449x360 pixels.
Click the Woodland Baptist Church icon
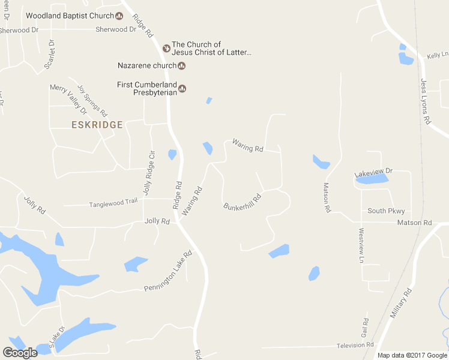click(x=119, y=16)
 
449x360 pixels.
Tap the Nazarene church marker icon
click(x=181, y=65)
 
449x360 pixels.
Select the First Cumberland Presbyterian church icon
click(x=182, y=89)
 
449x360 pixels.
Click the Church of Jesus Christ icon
click(x=166, y=48)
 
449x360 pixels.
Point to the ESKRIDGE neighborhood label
click(x=97, y=125)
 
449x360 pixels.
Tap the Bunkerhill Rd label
click(x=243, y=202)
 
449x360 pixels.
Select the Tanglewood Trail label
click(x=113, y=203)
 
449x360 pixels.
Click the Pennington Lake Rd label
click(x=168, y=272)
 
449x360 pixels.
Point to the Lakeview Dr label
click(x=373, y=172)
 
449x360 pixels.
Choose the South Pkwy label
click(x=386, y=211)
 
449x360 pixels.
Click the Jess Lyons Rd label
click(x=426, y=101)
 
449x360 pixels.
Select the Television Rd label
click(x=355, y=345)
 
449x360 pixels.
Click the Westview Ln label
click(x=361, y=245)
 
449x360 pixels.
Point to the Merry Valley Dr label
click(x=68, y=96)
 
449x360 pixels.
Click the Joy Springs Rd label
click(x=92, y=101)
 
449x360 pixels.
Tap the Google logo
click(x=20, y=353)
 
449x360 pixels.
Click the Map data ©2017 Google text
click(x=412, y=355)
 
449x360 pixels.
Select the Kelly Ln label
click(x=434, y=55)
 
